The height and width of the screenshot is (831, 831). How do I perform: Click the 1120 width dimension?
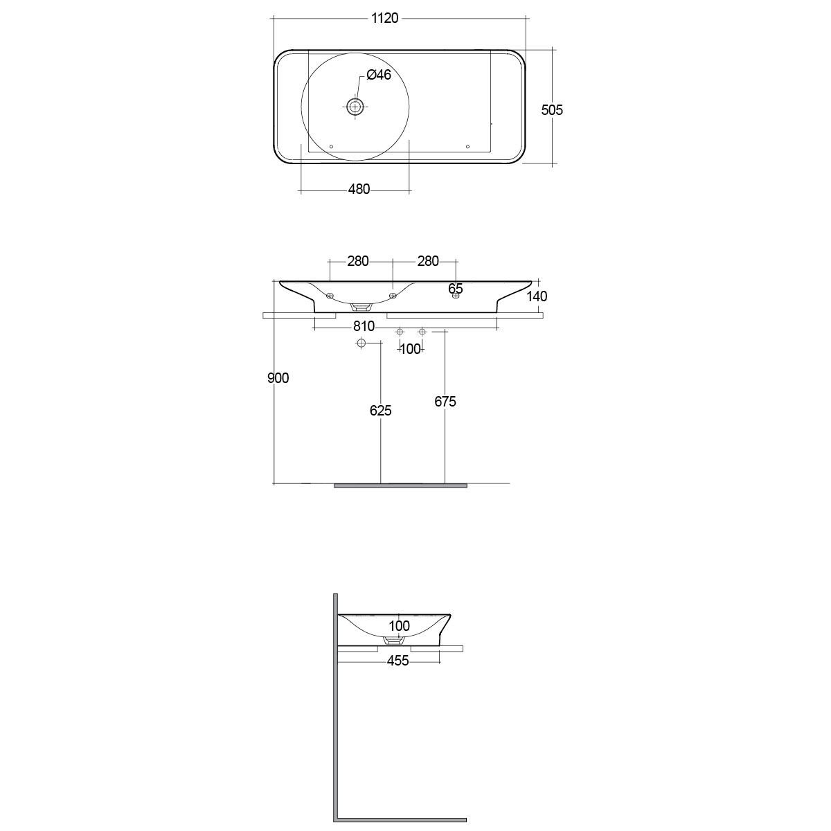384,18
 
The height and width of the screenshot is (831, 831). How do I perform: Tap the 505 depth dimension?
551,110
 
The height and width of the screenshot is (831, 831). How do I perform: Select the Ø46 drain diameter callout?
379,75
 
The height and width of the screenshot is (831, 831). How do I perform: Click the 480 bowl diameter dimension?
359,189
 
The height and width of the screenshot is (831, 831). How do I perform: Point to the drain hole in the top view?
355,106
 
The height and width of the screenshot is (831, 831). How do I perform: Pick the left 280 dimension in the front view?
358,261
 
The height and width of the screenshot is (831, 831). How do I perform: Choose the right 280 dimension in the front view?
428,261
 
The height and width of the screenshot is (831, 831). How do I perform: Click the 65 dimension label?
456,289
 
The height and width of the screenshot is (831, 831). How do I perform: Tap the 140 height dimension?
537,296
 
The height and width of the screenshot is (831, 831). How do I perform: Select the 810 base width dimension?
364,326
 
